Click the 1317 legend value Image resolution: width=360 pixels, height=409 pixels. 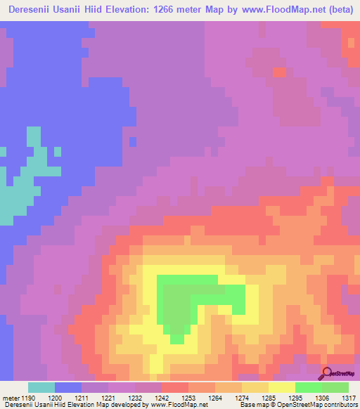pyautogui.click(x=348, y=397)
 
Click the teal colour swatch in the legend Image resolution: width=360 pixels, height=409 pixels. pyautogui.click(x=41, y=387)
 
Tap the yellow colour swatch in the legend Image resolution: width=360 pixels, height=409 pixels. pyautogui.click(x=281, y=387)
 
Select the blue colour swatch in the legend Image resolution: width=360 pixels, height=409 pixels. pyautogui.click(x=68, y=387)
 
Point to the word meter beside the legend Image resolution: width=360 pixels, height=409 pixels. pyautogui.click(x=11, y=397)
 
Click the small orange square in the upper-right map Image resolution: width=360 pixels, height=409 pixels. pyautogui.click(x=279, y=72)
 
